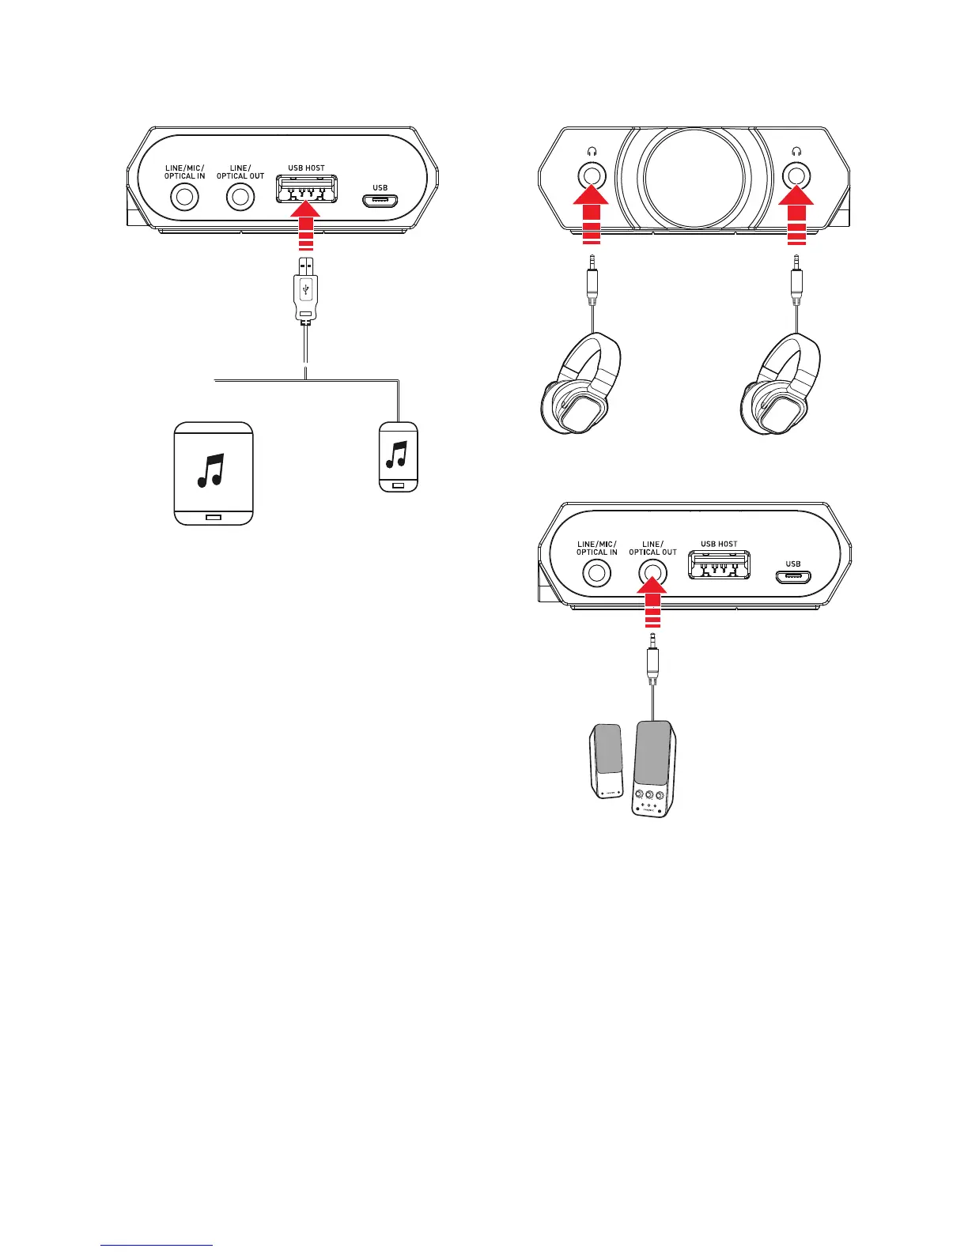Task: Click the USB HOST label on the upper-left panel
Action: pos(305,168)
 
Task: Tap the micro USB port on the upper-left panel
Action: pos(380,199)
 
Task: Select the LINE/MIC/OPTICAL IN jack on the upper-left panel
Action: pos(184,196)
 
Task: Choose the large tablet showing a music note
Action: pos(214,473)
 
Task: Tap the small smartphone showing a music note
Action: pos(398,458)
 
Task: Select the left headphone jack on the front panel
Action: pos(591,175)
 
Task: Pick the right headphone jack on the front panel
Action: pos(796,175)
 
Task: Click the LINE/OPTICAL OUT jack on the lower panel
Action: pos(652,572)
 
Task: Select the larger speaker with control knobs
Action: pos(655,767)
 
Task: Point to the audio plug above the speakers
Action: pos(652,660)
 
